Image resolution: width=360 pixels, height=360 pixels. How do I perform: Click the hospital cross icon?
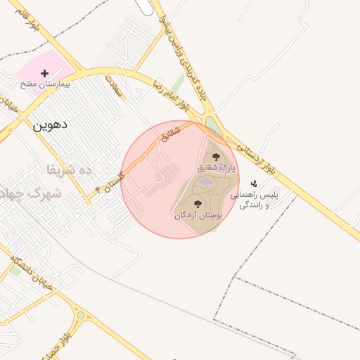point(44,73)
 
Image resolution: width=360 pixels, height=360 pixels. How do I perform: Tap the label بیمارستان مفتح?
point(44,84)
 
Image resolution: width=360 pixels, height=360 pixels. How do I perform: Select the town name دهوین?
point(50,124)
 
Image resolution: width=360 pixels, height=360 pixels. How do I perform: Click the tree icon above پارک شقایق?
point(216,156)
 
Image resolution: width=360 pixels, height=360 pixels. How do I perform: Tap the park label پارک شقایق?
point(215,167)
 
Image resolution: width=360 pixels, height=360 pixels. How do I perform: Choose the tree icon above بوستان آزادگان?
point(198,204)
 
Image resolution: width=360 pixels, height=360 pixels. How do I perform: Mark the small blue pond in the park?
point(205,182)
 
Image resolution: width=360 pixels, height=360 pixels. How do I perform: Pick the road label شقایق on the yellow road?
point(172,134)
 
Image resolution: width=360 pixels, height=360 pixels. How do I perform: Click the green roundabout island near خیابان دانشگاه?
point(81,315)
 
